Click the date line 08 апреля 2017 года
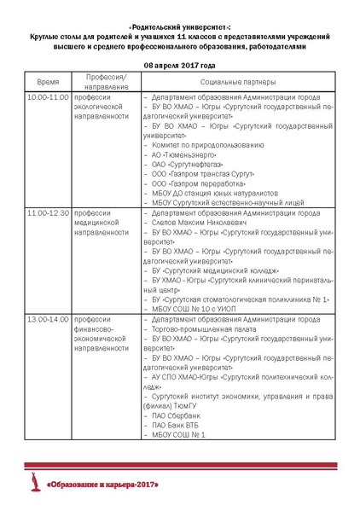tap(179, 65)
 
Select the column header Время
tap(48, 83)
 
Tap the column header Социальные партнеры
tap(238, 83)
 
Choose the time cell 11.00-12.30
tap(48, 212)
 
